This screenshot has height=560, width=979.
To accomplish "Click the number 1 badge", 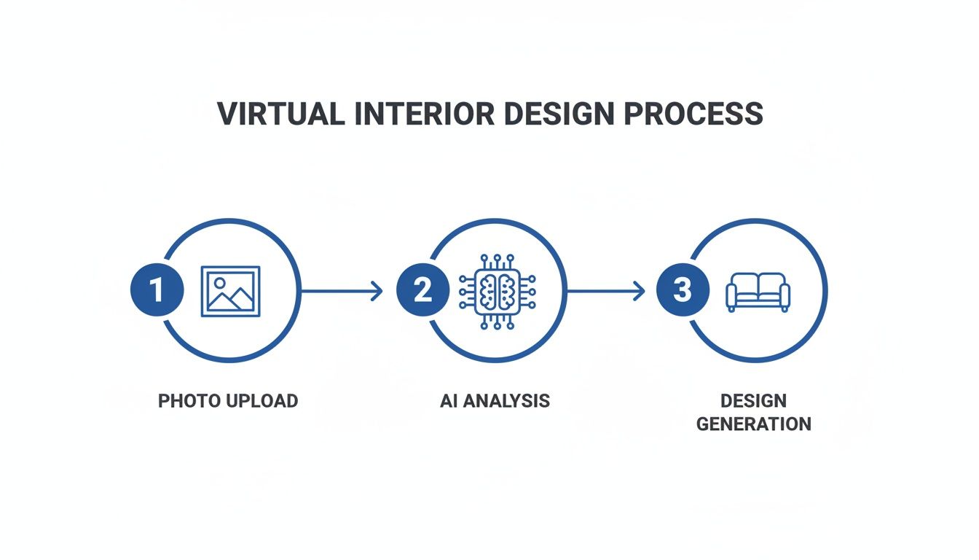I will [157, 290].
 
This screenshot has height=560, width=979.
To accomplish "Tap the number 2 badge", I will [422, 290].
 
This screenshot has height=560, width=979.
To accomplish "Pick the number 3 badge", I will [682, 290].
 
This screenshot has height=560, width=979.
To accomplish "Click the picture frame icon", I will [230, 291].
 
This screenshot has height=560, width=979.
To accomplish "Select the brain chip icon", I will [498, 291].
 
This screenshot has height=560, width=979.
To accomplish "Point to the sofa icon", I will [758, 292].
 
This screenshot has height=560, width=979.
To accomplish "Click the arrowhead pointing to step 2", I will [377, 291].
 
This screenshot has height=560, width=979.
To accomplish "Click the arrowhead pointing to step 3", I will [640, 291].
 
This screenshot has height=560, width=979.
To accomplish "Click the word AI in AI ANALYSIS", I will [448, 401].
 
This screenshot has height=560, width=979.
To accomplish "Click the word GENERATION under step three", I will [753, 424].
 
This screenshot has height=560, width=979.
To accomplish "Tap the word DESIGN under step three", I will [753, 401].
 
